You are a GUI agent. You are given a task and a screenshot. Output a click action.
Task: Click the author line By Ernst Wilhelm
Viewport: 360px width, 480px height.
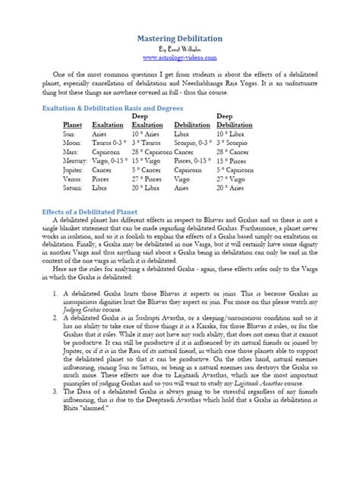pyautogui.click(x=180, y=47)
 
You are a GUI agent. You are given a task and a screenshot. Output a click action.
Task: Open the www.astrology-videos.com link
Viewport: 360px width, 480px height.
pyautogui.click(x=180, y=57)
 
